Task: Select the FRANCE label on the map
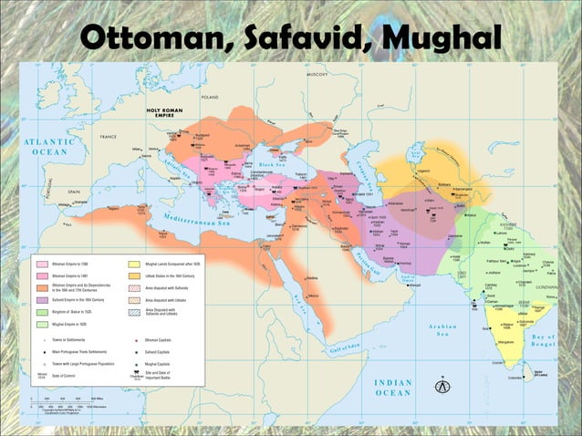coord(109,137)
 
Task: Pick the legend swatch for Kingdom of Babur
coord(42,312)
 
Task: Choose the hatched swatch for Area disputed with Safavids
coord(135,287)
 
